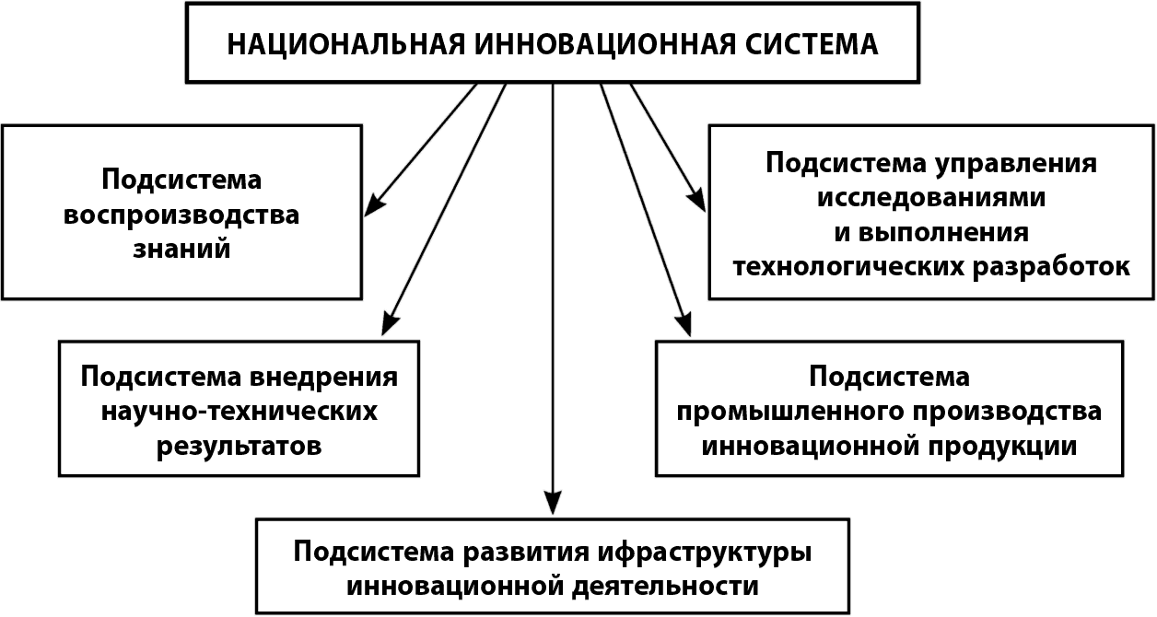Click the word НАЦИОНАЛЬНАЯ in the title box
346,45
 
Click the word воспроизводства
181,215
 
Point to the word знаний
181,249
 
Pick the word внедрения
324,378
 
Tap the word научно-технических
240,412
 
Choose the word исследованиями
931,198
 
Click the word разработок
1052,267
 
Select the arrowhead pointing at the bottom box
553,501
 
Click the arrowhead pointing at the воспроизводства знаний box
375,204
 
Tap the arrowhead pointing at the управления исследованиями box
696,200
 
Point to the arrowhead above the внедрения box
390,323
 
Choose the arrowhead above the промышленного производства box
684,324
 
